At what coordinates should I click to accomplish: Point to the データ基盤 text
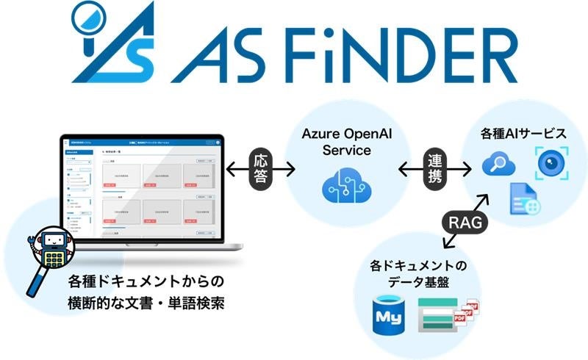tap(420, 282)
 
